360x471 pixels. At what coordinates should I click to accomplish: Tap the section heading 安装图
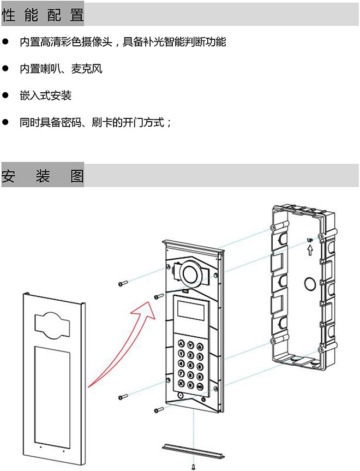click(43, 176)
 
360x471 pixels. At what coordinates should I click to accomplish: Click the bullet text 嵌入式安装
click(45, 96)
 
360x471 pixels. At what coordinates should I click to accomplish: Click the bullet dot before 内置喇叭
click(6, 69)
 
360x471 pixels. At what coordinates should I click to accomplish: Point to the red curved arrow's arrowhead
click(146, 305)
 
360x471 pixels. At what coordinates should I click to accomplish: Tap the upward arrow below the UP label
click(309, 251)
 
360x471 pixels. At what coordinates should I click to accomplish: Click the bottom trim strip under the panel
click(194, 450)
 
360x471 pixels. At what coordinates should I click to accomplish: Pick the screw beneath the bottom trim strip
click(193, 466)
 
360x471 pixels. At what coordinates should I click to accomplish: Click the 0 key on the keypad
click(191, 386)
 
